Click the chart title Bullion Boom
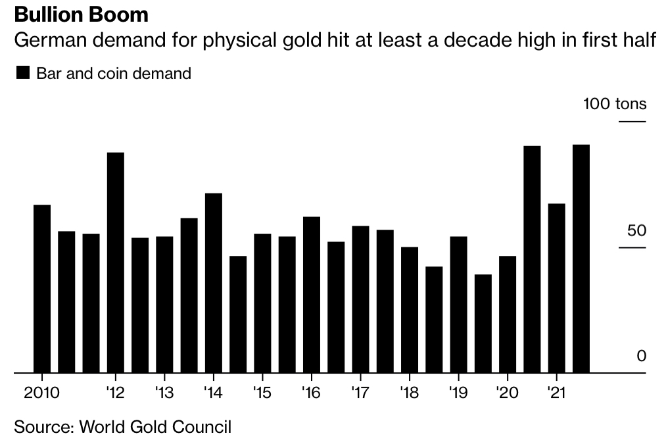tap(81, 14)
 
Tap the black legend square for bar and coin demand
tap(22, 73)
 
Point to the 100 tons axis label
tap(615, 104)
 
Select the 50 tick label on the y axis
tap(633, 231)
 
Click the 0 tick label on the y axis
tap(641, 356)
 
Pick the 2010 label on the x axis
tap(41, 393)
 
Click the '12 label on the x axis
tap(115, 393)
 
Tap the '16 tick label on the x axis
tap(311, 393)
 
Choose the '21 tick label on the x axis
tap(556, 393)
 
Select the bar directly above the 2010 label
tap(42, 289)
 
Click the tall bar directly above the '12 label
tap(116, 263)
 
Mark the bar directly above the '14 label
tap(214, 283)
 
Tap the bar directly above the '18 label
tap(410, 310)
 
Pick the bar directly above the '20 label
tap(508, 314)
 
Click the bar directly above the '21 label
tap(557, 288)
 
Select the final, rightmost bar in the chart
tap(581, 259)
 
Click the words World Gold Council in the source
tap(155, 427)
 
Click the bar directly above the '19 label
tap(459, 305)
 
